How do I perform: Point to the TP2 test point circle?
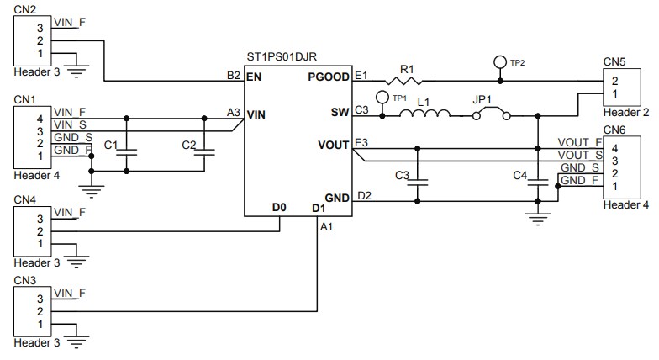501,62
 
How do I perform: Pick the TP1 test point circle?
382,97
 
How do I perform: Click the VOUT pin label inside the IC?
335,145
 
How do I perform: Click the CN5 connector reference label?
614,61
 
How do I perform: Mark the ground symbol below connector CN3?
78,341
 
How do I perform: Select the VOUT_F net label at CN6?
580,143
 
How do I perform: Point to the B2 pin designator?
234,76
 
